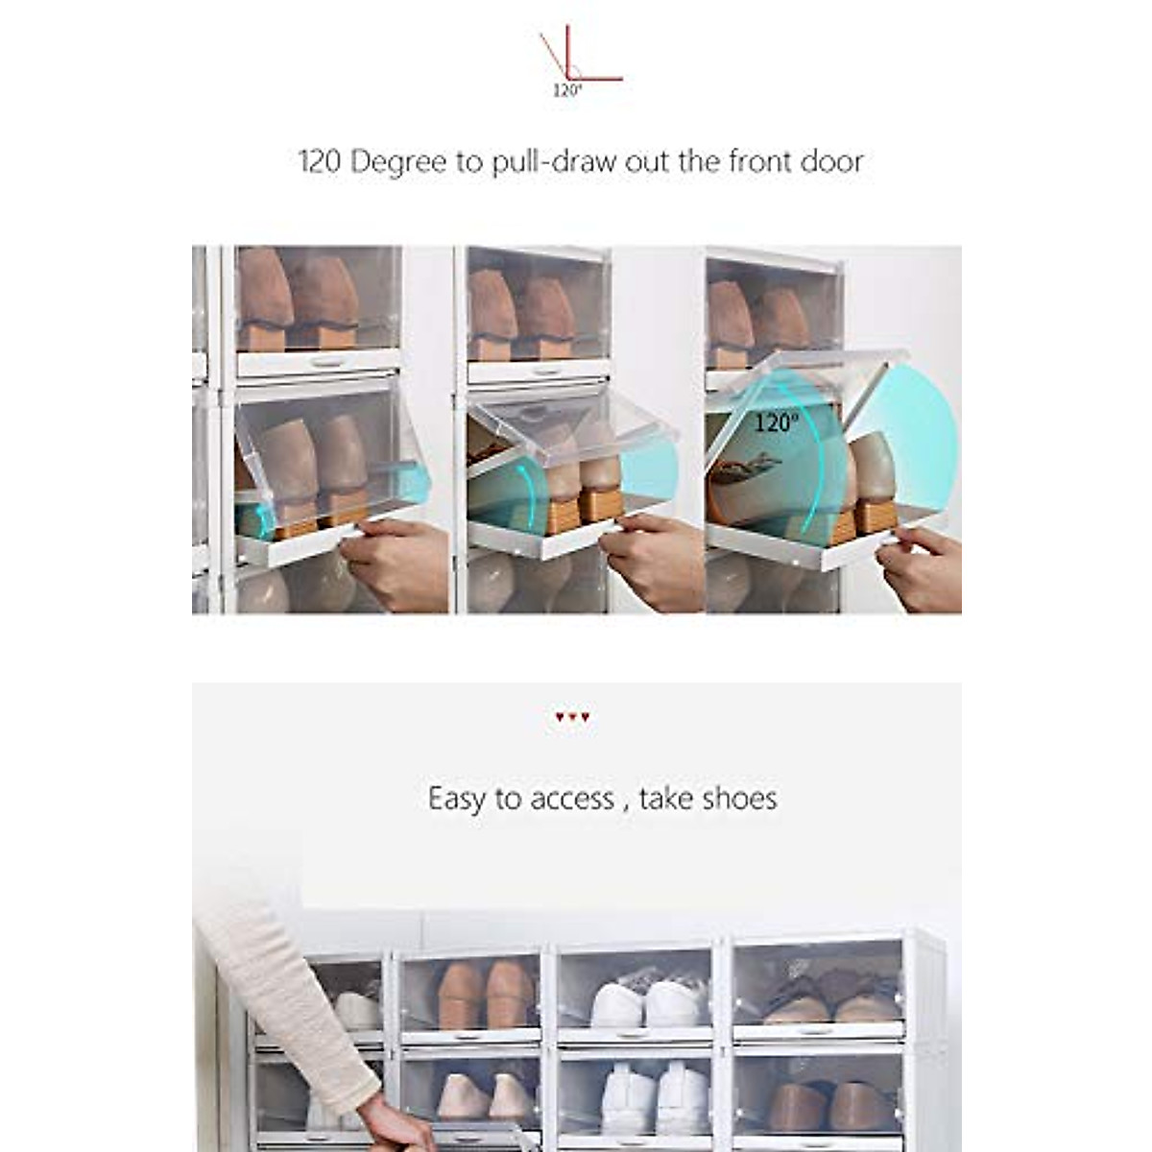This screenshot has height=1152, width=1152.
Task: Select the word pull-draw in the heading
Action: [554, 162]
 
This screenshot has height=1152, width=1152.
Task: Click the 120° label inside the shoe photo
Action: [775, 422]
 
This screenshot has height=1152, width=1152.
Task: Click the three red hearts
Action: [572, 717]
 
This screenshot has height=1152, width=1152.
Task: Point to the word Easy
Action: [457, 799]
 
